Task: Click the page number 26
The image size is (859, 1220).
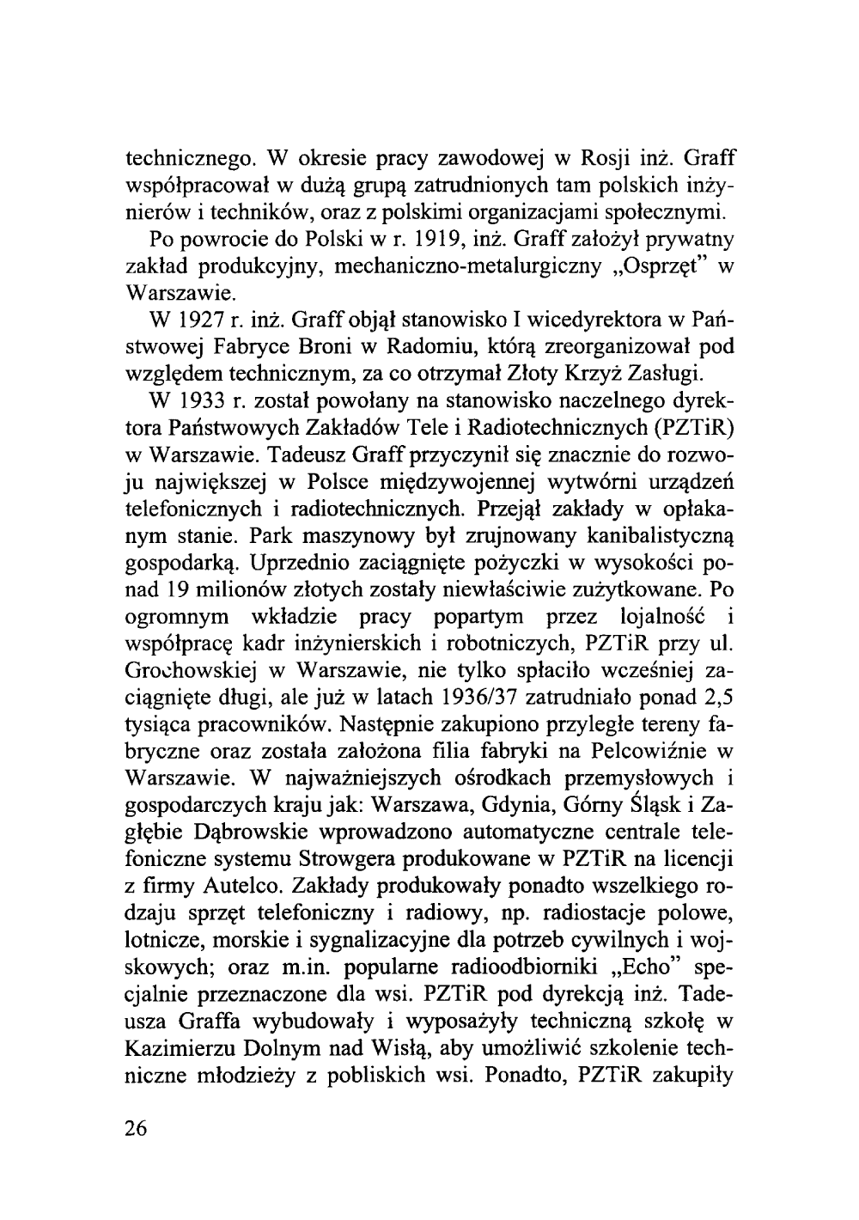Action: coord(137,1128)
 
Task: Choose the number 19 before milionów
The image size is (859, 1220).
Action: coord(177,589)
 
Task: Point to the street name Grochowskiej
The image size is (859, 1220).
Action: coord(187,669)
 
